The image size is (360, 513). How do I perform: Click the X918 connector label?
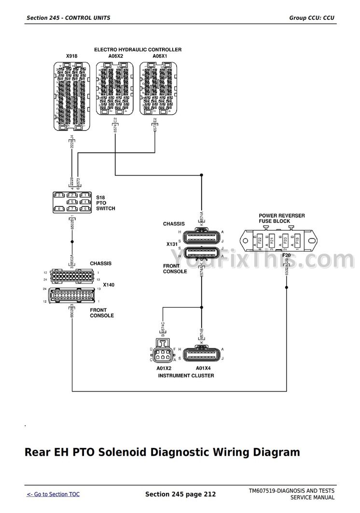click(71, 56)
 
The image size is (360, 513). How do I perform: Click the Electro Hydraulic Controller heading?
click(138, 50)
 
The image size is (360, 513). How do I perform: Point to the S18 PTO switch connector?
click(72, 202)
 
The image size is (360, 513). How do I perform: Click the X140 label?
click(109, 285)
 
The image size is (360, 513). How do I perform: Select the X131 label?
click(172, 244)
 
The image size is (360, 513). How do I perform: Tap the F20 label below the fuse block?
click(287, 256)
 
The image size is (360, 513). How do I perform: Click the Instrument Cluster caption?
click(186, 375)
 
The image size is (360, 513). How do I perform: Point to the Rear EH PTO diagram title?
click(162, 452)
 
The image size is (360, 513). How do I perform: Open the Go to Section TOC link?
click(53, 494)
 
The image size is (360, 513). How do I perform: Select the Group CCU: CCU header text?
click(312, 18)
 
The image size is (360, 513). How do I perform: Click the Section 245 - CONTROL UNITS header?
click(69, 18)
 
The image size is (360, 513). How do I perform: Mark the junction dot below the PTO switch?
click(72, 242)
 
